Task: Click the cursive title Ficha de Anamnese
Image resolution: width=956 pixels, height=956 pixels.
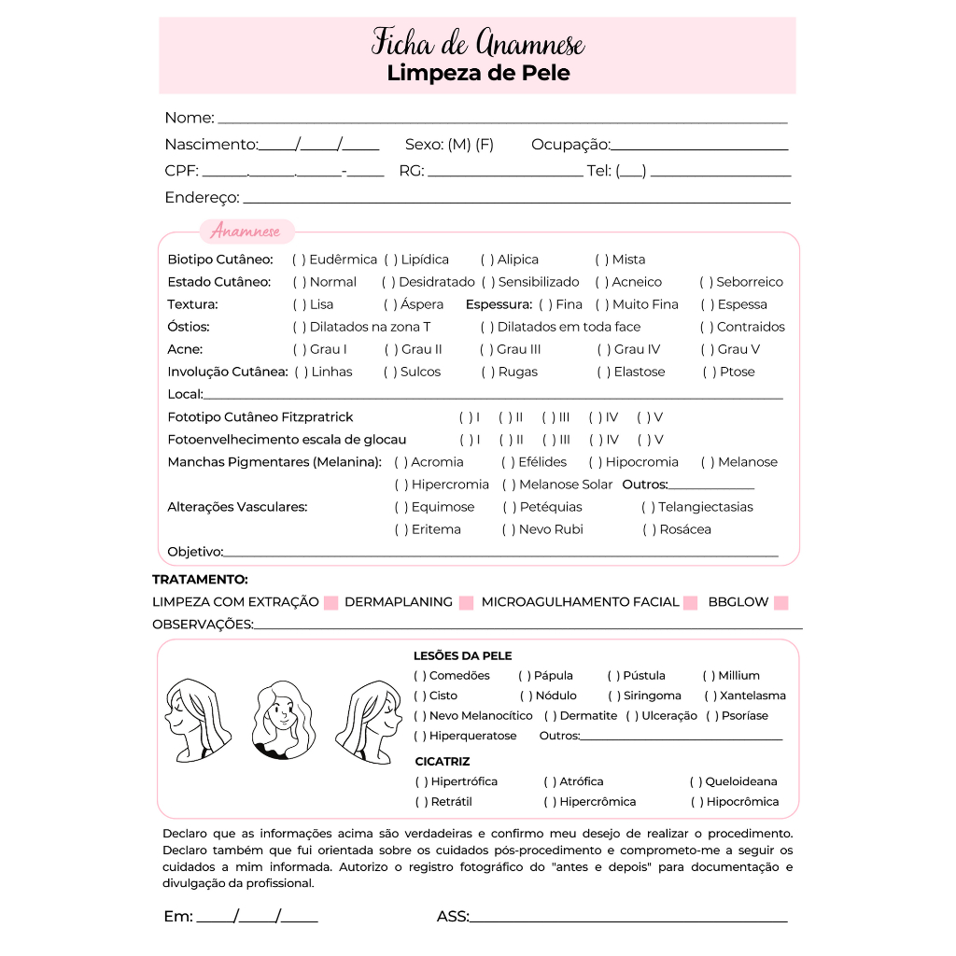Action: (477, 43)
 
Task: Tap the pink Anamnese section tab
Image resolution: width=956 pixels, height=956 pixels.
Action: (246, 232)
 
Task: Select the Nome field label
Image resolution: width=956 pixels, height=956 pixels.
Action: (190, 119)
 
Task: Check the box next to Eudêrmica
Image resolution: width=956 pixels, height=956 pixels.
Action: (300, 260)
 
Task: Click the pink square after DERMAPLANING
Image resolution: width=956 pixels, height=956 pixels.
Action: (467, 603)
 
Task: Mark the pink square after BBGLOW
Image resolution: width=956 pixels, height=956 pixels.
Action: (781, 603)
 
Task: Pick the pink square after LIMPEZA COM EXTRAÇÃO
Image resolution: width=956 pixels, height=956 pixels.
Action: (330, 603)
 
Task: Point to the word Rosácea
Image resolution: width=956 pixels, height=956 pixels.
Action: (685, 529)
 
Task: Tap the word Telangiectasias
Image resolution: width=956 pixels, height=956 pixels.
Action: (706, 507)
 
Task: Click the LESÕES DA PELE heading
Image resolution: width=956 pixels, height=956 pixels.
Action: (462, 656)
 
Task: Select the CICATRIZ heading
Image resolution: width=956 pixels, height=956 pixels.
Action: (443, 762)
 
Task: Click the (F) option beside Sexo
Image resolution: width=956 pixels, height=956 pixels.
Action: (485, 145)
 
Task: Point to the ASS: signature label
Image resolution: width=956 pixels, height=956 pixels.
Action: (453, 917)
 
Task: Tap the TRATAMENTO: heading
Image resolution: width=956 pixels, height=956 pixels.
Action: (200, 580)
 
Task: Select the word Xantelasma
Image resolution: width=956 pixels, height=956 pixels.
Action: (752, 696)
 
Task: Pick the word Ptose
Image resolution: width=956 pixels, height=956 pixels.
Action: (737, 372)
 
